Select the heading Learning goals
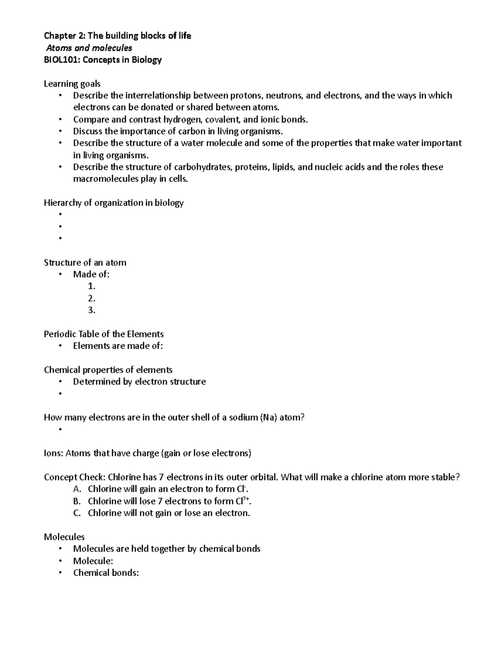[72, 84]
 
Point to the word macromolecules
[105, 179]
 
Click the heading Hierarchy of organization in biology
[114, 203]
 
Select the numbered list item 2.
[92, 298]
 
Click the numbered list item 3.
[92, 310]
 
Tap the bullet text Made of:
[91, 274]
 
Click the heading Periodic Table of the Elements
[104, 334]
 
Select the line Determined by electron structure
[139, 382]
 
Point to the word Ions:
[53, 453]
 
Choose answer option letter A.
[76, 489]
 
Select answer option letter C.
[76, 513]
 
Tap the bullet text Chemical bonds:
[106, 573]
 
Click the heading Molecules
[64, 537]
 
